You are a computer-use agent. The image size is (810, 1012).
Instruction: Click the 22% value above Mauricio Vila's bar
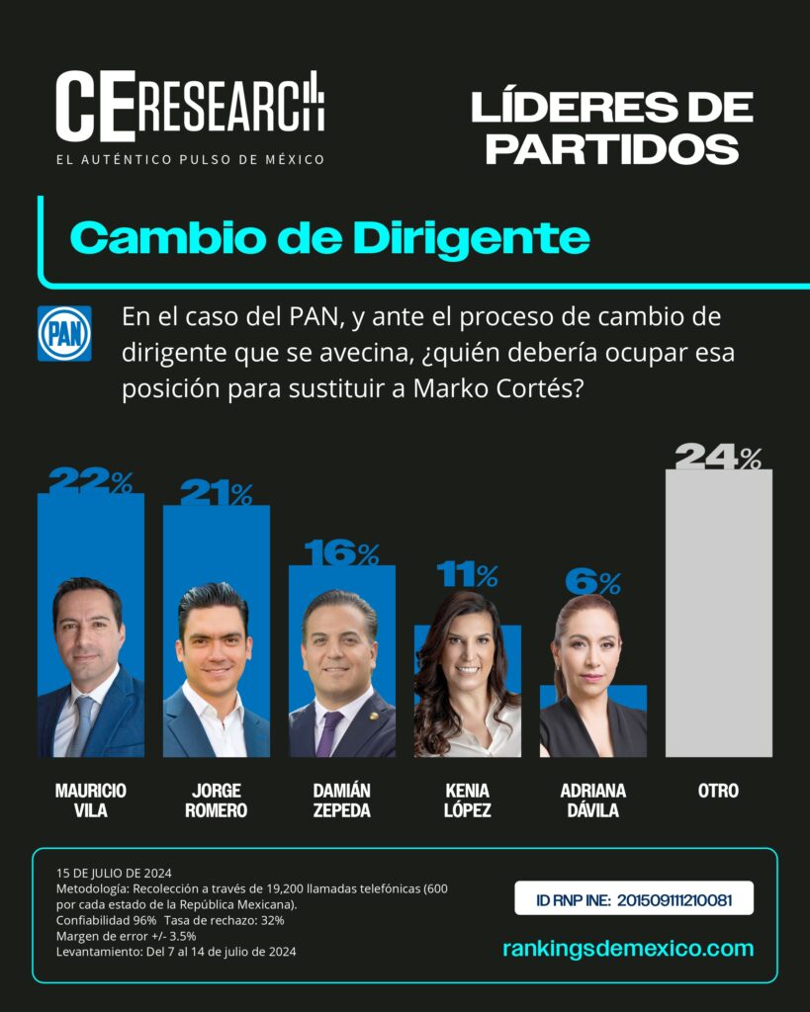point(90,480)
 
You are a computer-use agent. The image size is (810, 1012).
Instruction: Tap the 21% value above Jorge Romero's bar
point(217,492)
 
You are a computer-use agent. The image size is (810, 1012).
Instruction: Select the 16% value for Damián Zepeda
point(341,553)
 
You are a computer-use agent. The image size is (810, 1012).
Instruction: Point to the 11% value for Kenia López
point(467,574)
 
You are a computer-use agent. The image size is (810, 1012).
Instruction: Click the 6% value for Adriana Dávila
point(593,582)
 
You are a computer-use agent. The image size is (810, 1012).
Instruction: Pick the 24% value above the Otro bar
point(718,457)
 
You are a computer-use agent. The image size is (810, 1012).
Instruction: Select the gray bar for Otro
point(719,613)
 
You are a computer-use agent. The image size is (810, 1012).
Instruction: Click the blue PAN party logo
point(64,334)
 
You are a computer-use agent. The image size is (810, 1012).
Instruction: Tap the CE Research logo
point(190,118)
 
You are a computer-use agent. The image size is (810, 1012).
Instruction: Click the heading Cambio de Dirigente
point(330,238)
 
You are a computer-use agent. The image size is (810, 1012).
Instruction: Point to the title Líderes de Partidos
point(612,127)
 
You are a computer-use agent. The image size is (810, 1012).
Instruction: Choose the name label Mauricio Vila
point(90,801)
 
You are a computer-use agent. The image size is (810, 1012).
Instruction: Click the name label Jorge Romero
point(217,801)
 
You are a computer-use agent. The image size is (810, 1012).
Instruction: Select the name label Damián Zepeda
point(341,801)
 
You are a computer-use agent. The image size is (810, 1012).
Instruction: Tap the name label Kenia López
point(467,801)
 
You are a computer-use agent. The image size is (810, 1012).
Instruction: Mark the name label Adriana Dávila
point(593,801)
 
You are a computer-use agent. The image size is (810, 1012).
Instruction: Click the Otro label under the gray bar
point(718,791)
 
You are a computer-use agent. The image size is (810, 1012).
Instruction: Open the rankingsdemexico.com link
point(628,949)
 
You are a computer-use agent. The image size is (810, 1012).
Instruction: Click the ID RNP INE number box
point(634,898)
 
